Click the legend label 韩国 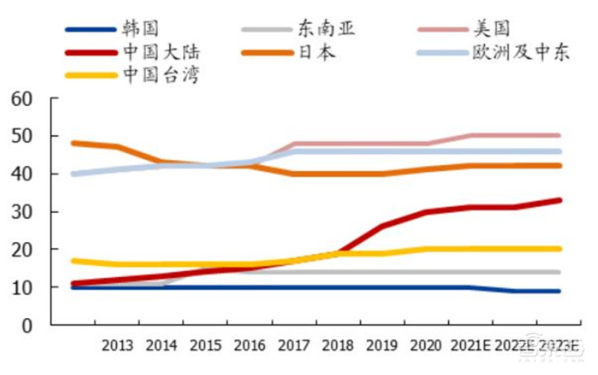click(140, 29)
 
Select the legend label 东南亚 click(326, 29)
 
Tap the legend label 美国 click(493, 29)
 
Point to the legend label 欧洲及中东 click(520, 52)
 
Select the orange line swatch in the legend click(267, 52)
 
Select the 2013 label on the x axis click(117, 346)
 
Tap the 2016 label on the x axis click(250, 346)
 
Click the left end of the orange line click(73, 143)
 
